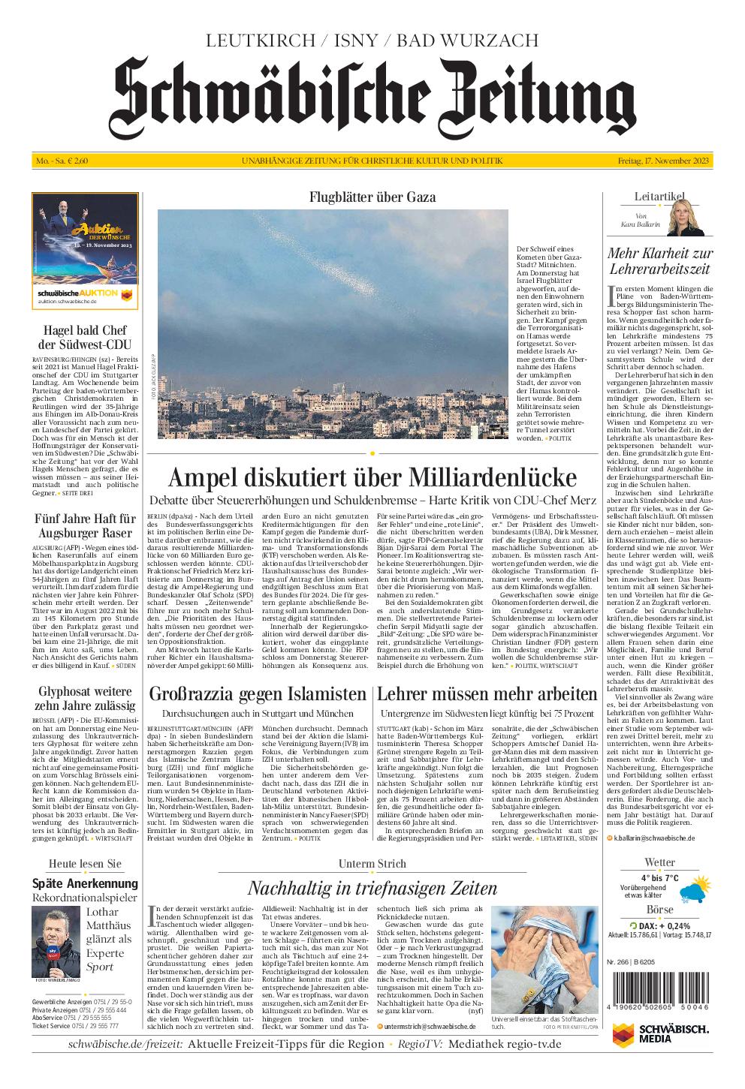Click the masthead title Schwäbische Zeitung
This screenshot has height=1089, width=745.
(x=372, y=97)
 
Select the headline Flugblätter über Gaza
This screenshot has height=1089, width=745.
(x=372, y=197)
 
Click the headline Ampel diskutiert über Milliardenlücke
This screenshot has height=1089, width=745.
(x=372, y=477)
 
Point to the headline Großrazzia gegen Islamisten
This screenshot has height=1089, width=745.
(x=258, y=693)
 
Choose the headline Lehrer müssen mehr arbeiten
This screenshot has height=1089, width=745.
(x=487, y=693)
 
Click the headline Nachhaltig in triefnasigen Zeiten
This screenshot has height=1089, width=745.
(x=372, y=889)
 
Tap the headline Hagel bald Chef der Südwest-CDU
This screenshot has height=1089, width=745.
(x=85, y=337)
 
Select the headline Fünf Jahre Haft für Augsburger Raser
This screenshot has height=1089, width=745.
(x=85, y=525)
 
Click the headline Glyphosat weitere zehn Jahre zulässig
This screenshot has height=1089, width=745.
(x=85, y=699)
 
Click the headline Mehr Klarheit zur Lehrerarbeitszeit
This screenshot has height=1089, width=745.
(x=660, y=260)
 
